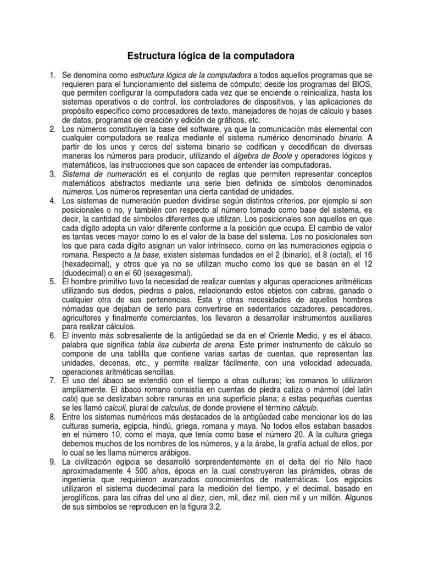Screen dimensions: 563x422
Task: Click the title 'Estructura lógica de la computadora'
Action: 211,56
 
